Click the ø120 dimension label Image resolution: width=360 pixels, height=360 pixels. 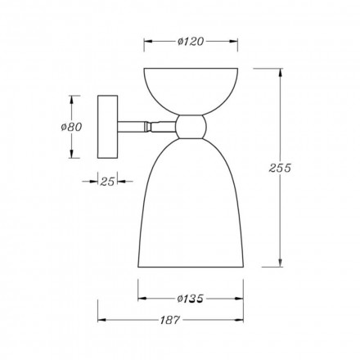coord(191,42)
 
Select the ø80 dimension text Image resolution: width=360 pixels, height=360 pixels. coord(71,127)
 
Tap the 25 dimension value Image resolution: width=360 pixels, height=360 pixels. coord(107,182)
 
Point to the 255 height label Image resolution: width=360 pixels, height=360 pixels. coord(280,168)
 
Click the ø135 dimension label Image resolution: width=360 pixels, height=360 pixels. coord(190,299)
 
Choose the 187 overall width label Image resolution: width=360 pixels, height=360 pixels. coord(169,320)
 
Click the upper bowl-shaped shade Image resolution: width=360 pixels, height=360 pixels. coord(191,90)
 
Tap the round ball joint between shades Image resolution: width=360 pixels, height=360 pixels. coord(191,127)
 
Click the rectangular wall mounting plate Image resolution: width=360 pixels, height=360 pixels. coord(107,127)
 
